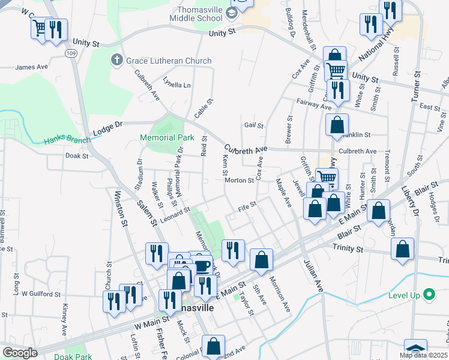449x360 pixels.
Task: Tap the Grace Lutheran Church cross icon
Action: pyautogui.click(x=116, y=60)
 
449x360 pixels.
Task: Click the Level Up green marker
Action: pyautogui.click(x=428, y=295)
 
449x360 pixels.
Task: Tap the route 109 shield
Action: pyautogui.click(x=70, y=53)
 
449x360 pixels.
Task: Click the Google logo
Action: pyautogui.click(x=20, y=352)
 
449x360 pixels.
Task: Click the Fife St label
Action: pyautogui.click(x=247, y=205)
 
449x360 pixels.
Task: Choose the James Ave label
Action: pyautogui.click(x=31, y=67)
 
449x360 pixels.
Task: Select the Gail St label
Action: pyautogui.click(x=254, y=126)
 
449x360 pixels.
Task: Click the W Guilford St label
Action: pyautogui.click(x=41, y=294)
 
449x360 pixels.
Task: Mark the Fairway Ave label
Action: pyautogui.click(x=313, y=104)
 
